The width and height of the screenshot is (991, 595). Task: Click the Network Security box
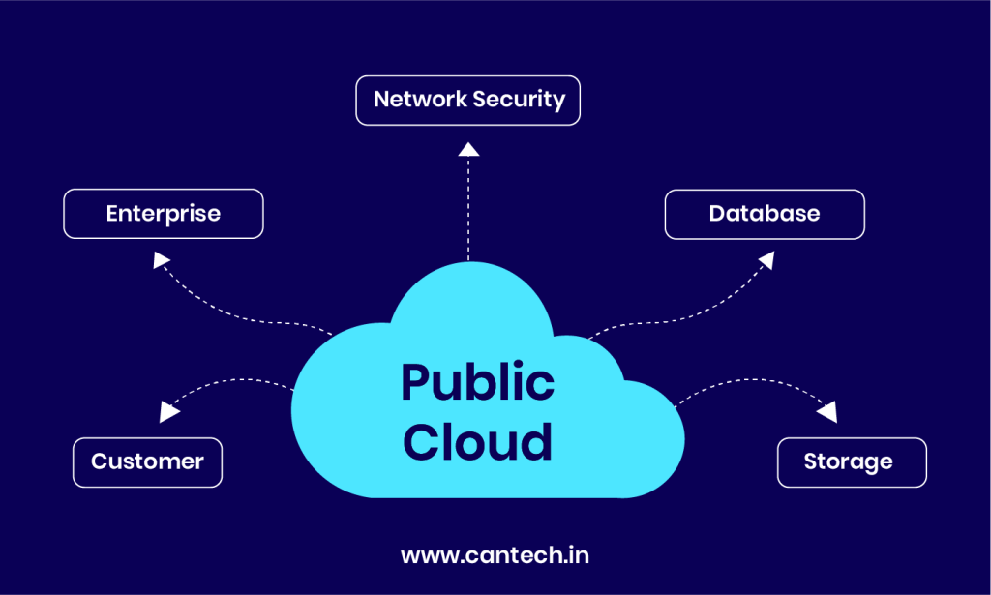(x=467, y=101)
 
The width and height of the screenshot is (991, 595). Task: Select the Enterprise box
(x=163, y=214)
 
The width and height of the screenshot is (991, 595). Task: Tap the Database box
(x=764, y=214)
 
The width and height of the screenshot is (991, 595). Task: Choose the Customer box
(x=147, y=462)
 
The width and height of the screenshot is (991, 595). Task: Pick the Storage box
(x=851, y=462)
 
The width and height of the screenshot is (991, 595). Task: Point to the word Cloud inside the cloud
(x=477, y=441)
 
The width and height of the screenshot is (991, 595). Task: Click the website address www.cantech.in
(x=495, y=555)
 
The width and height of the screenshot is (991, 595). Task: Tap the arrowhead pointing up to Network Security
(x=468, y=148)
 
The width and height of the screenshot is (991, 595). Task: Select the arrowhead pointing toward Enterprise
(x=162, y=259)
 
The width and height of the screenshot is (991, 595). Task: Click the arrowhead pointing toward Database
(x=766, y=259)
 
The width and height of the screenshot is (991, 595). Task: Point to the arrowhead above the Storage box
(x=826, y=412)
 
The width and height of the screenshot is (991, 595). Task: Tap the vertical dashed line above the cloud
(x=468, y=208)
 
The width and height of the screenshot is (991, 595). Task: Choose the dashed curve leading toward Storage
(x=745, y=382)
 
